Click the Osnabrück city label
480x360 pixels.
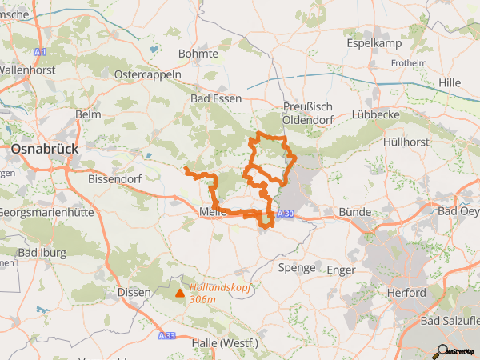click(44, 149)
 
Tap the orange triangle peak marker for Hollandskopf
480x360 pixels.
click(179, 294)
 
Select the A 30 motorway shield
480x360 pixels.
click(286, 213)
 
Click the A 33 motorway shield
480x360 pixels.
click(166, 336)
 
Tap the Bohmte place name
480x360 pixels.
click(198, 54)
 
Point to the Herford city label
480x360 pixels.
click(406, 293)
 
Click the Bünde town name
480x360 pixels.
click(355, 212)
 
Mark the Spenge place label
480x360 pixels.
click(297, 268)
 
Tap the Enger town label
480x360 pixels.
click(341, 270)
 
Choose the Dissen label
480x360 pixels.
click(134, 293)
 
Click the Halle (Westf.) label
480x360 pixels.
click(226, 343)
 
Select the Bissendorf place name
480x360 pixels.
click(114, 179)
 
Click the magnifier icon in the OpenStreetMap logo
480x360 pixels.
click(441, 350)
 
